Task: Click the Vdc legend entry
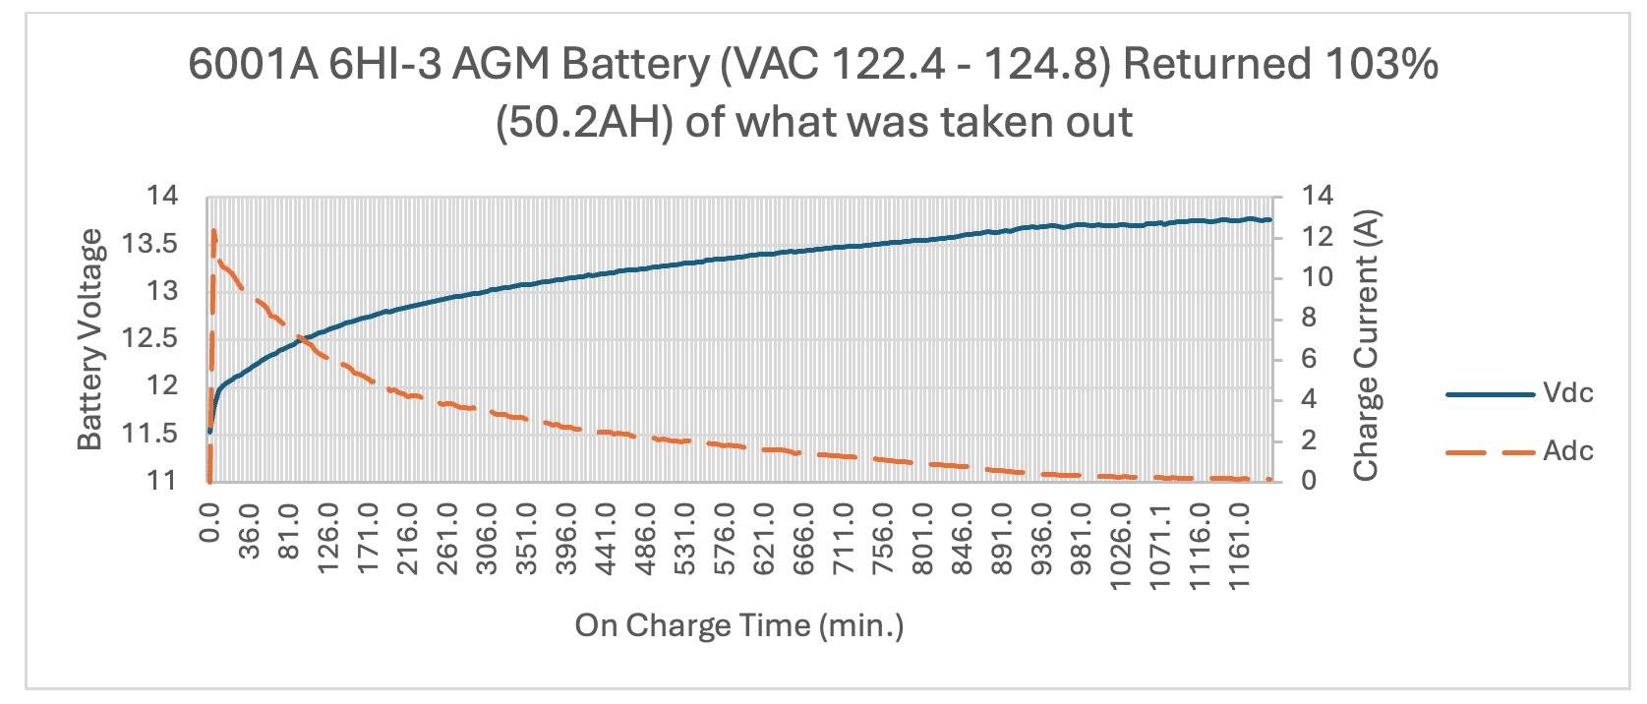click(x=1567, y=393)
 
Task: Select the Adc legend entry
click(x=1567, y=451)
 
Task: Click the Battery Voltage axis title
click(x=90, y=339)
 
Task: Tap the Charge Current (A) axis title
click(x=1367, y=345)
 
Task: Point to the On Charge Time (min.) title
click(x=738, y=625)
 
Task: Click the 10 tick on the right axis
click(x=1318, y=277)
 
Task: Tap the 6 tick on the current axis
click(x=1309, y=359)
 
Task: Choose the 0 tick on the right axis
click(x=1309, y=481)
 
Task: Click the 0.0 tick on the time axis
click(x=209, y=521)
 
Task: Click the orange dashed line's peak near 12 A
click(x=213, y=231)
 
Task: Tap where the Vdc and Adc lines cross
click(x=303, y=340)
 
